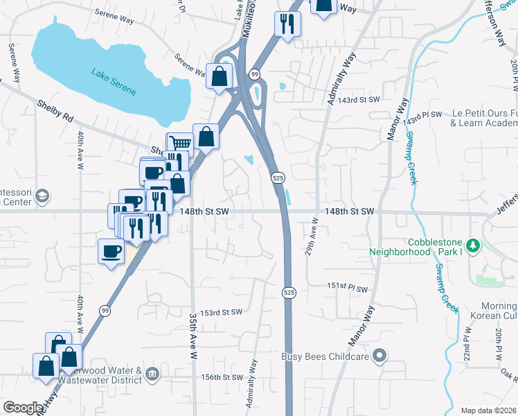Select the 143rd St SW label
tap(364, 100)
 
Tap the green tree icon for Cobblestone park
tap(473, 245)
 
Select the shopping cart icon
tap(180, 144)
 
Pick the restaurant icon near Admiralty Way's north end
tap(287, 24)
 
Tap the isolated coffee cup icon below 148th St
tap(111, 250)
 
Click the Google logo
tap(23, 408)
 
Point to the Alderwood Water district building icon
tap(152, 375)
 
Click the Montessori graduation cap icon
tap(42, 196)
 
